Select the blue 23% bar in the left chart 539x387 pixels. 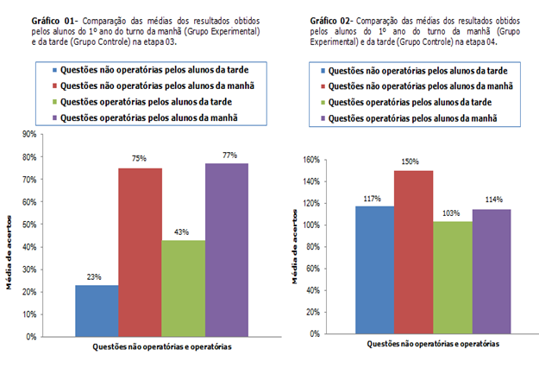[96, 309]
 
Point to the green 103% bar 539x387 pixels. [452, 277]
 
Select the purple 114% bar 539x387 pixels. [491, 271]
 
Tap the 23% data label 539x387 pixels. [95, 277]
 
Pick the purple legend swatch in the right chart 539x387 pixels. [323, 118]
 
